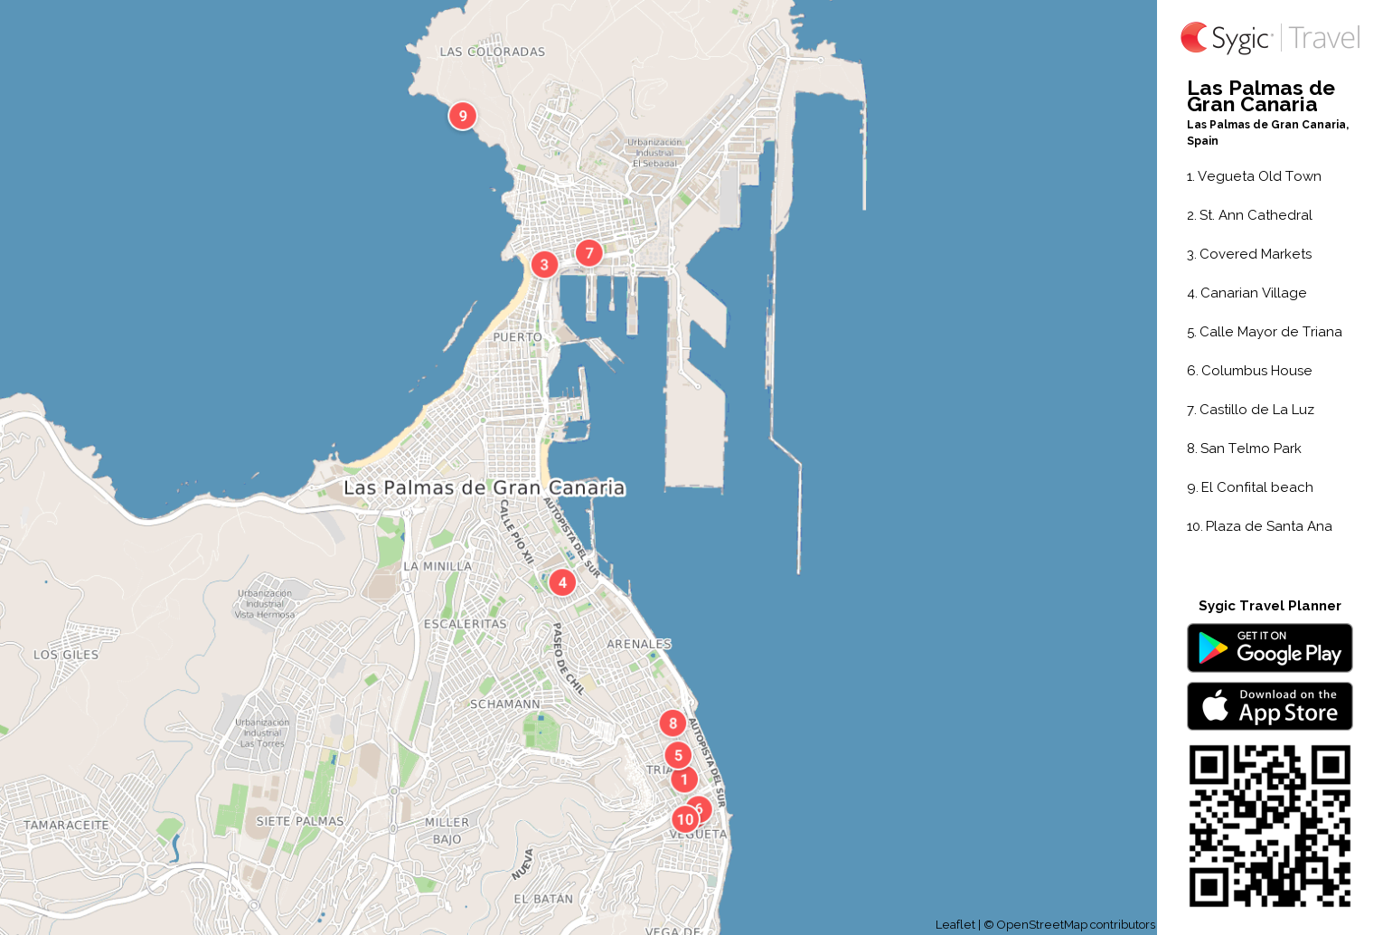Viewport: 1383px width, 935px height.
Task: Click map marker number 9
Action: (463, 116)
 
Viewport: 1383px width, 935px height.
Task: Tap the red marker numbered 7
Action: (589, 253)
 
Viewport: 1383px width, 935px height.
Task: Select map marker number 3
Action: (544, 265)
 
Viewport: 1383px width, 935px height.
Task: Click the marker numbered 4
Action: (562, 582)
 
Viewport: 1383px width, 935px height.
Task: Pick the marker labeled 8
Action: (673, 723)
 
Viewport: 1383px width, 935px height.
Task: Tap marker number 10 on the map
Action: (685, 820)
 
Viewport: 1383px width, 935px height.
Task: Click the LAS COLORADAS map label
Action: (493, 52)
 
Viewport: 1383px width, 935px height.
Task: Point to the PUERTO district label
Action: (518, 337)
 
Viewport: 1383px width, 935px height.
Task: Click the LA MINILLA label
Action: (437, 567)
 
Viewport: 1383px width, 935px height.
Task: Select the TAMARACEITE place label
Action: (66, 826)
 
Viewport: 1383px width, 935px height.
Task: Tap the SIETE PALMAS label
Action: (300, 822)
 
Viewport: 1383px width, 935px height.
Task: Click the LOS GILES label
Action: (66, 656)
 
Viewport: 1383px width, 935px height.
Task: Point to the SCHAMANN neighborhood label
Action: (505, 704)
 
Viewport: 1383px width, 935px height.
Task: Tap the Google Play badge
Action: (1269, 648)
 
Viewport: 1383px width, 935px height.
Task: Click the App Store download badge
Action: (1269, 706)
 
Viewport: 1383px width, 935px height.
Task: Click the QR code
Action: (1269, 826)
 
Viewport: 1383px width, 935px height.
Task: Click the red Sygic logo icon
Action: (1194, 38)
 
